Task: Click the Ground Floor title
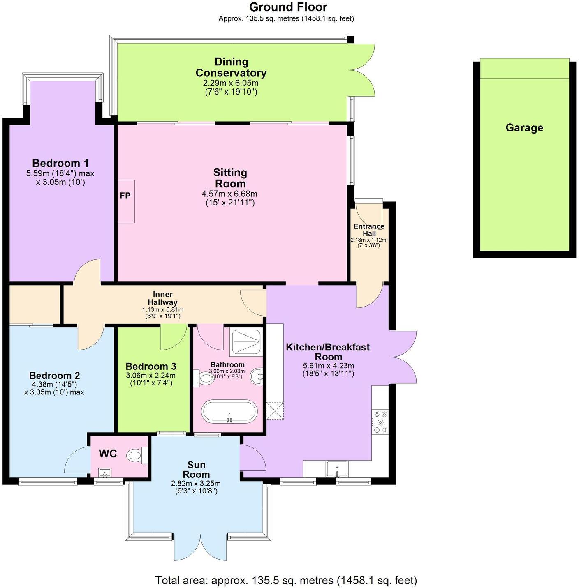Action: [x=288, y=7]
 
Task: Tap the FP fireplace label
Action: [x=125, y=196]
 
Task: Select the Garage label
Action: [x=524, y=128]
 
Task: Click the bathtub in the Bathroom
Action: [x=229, y=411]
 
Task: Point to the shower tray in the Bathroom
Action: [x=245, y=342]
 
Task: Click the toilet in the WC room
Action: [x=136, y=455]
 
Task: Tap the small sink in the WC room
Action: [x=105, y=473]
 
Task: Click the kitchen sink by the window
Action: [x=337, y=469]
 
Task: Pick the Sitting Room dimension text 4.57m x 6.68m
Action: [x=229, y=194]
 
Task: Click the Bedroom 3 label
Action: [x=151, y=366]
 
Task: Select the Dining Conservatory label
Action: [x=231, y=67]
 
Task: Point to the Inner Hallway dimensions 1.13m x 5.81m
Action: [x=162, y=309]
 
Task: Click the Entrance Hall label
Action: [x=369, y=230]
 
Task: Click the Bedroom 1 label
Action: [x=60, y=163]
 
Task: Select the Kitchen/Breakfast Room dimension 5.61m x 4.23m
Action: [x=328, y=366]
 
